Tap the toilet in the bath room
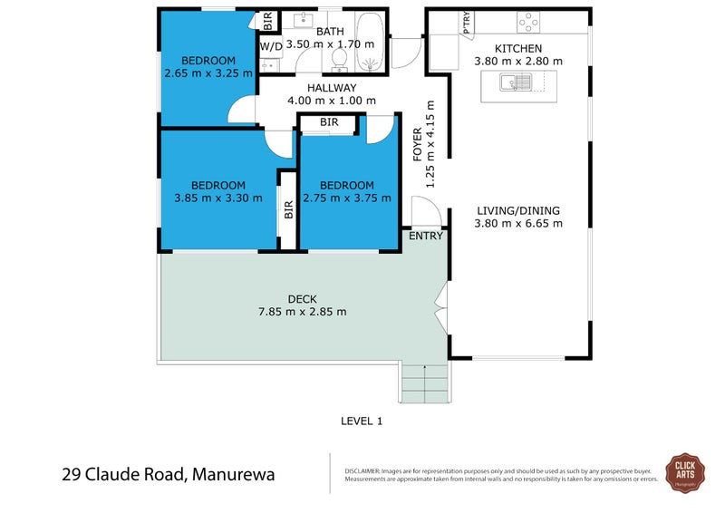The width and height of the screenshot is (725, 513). tap(339, 58)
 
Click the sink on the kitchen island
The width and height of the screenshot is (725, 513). tap(520, 83)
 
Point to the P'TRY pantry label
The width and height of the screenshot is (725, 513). tap(467, 23)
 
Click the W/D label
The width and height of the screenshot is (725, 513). tap(270, 45)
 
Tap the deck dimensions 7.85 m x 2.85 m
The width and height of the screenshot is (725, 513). tap(301, 312)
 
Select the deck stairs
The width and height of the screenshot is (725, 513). tap(424, 382)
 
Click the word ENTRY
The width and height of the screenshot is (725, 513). tap(426, 237)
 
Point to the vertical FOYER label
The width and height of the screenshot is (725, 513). tap(418, 144)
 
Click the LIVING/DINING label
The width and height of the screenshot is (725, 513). tap(519, 210)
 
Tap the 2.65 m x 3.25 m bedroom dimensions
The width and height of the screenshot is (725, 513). tap(208, 74)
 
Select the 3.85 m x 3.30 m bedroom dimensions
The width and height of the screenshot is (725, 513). tap(213, 198)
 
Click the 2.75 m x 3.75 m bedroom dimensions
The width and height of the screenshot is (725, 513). tap(347, 198)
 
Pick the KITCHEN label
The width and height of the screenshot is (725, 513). tap(518, 49)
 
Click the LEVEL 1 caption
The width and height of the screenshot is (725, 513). tap(362, 421)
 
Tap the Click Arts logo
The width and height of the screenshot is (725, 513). tap(686, 471)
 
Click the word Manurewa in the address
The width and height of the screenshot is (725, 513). tap(231, 474)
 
